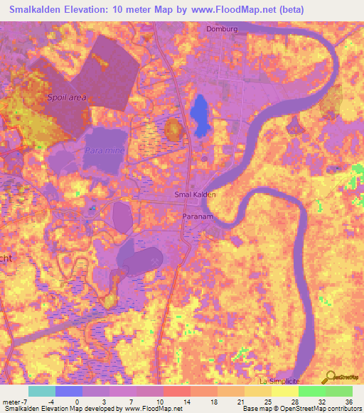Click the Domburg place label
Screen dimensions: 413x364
click(x=220, y=29)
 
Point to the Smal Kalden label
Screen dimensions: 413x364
click(x=194, y=194)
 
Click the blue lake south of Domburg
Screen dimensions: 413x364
click(x=200, y=115)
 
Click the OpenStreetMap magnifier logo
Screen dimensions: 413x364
click(x=328, y=377)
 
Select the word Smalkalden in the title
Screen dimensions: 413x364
click(x=36, y=10)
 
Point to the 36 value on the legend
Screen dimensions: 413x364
click(x=348, y=402)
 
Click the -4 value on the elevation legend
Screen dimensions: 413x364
click(x=50, y=402)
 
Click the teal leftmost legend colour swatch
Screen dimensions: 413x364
click(x=42, y=391)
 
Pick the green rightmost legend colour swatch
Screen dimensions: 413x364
click(x=339, y=391)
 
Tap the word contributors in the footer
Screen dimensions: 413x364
click(x=339, y=409)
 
